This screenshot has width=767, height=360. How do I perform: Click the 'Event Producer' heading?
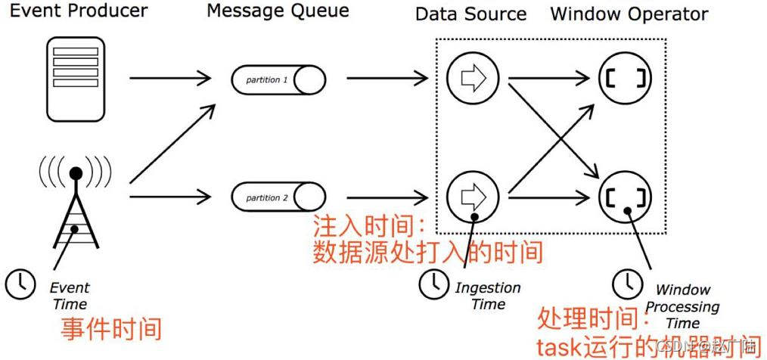point(78,12)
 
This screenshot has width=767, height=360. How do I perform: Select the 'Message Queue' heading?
point(278,11)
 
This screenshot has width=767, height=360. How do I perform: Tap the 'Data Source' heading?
point(470,14)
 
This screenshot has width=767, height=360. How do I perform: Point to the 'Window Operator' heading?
point(629,14)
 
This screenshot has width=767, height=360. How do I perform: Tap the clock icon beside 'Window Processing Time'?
point(625,284)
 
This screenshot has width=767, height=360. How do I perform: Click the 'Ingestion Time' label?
point(488,296)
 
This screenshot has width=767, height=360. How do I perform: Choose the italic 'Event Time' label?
point(69,296)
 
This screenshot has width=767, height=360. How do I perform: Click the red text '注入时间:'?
point(370,226)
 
